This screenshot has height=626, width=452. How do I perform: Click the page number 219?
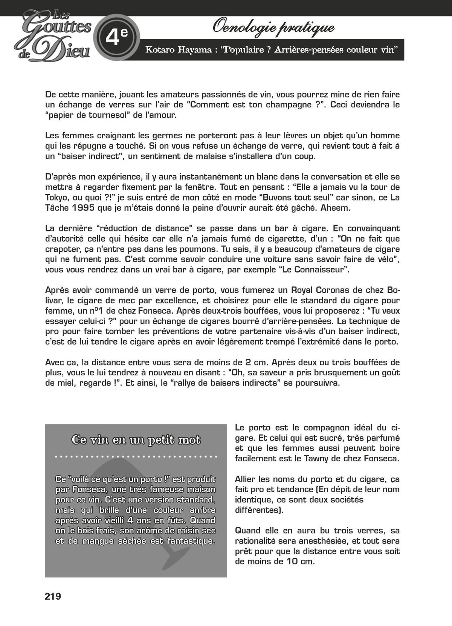tap(53, 596)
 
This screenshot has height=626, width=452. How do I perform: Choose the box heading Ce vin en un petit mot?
tap(136, 440)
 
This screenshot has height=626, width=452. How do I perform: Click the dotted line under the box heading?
tap(136, 457)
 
